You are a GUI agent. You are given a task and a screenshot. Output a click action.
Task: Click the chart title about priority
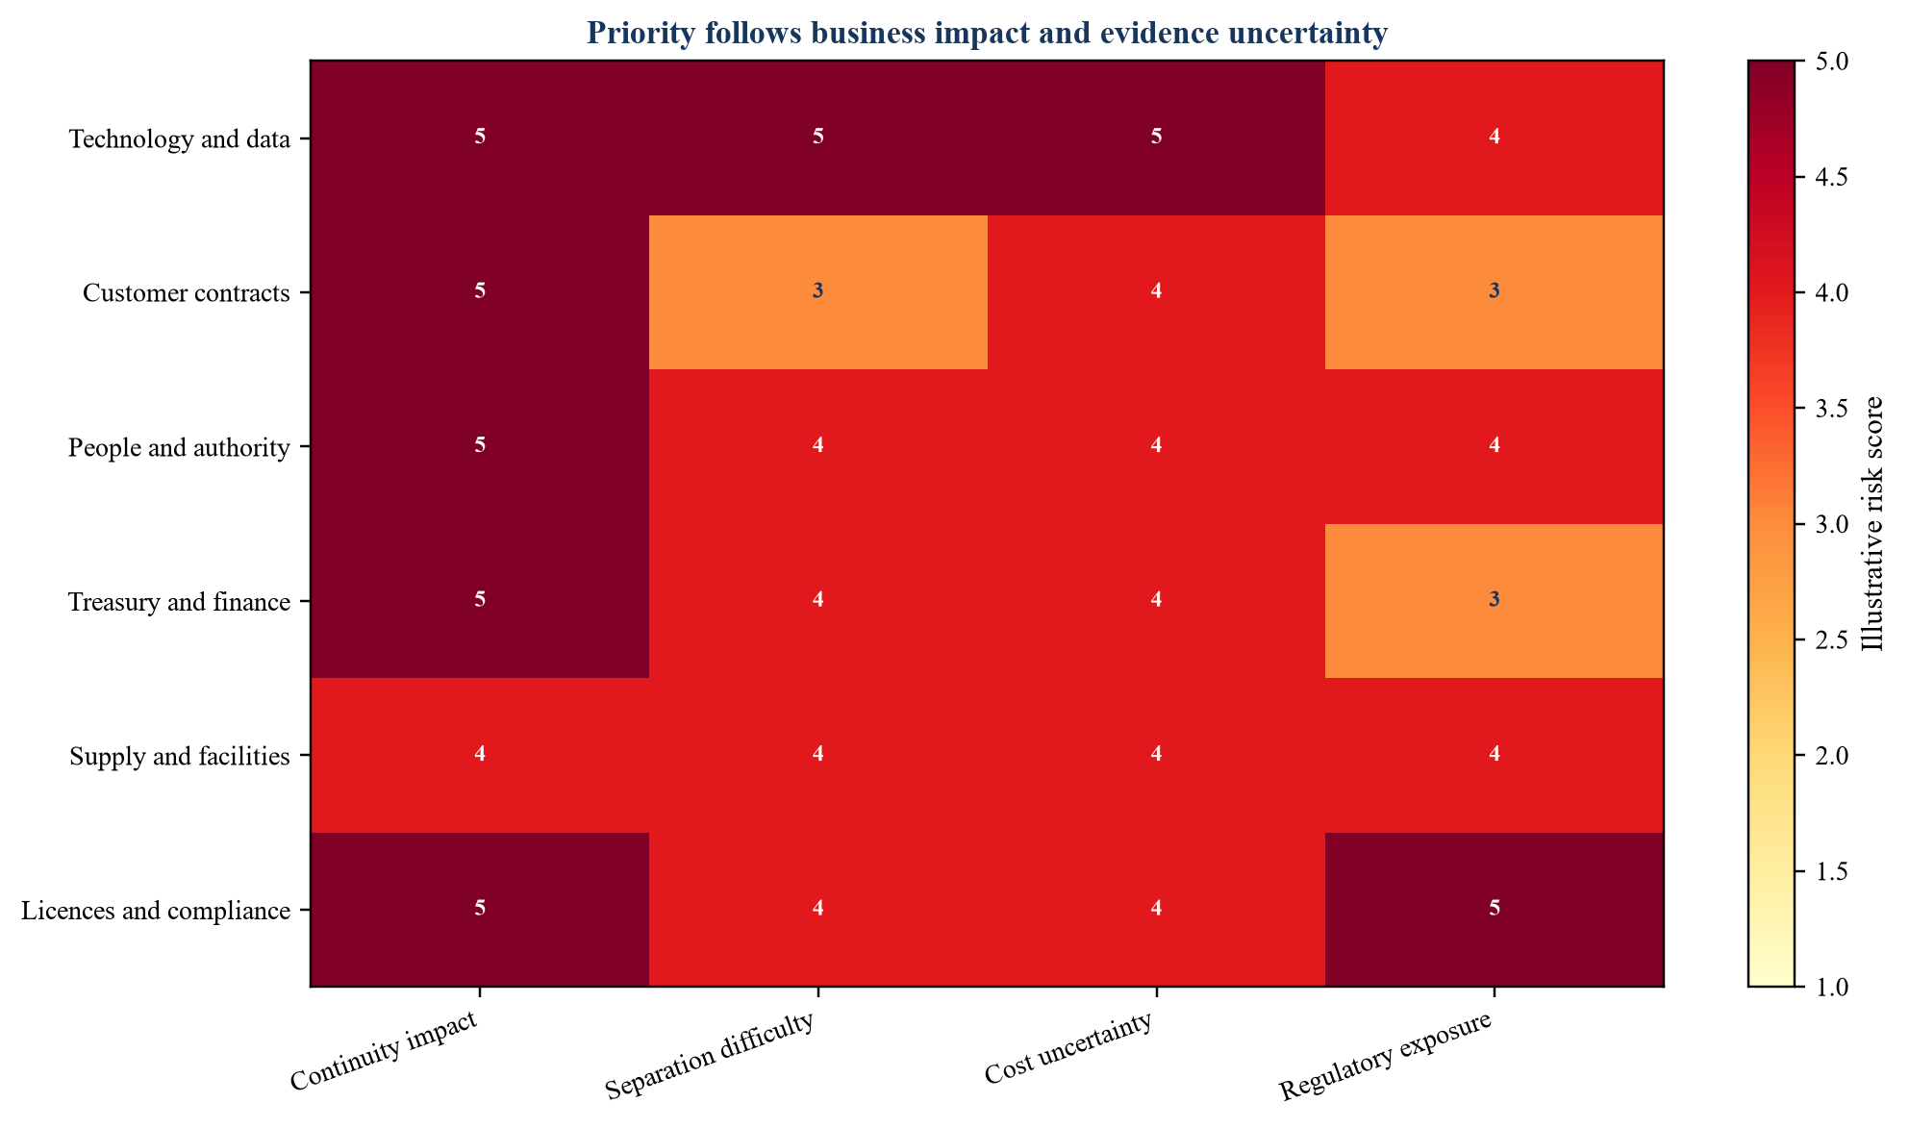987,34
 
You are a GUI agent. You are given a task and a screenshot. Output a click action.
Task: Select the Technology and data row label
180,139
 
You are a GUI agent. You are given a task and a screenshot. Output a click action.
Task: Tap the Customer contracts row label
187,293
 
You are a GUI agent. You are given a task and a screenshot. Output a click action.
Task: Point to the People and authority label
180,448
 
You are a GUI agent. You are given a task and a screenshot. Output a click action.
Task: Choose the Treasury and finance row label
180,603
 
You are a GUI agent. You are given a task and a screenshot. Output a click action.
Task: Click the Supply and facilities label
180,757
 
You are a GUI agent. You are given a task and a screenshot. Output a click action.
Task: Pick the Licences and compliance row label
156,911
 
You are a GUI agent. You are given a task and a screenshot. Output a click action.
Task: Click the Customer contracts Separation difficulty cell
818,292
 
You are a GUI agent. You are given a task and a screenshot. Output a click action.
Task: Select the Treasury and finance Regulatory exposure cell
1495,601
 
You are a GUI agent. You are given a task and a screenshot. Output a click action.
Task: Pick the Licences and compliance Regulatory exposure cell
1495,909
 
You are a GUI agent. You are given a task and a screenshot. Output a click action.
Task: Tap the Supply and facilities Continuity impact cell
480,755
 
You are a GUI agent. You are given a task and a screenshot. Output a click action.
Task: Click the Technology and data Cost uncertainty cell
1156,138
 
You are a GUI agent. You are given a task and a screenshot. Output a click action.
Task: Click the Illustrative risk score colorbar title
1871,523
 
